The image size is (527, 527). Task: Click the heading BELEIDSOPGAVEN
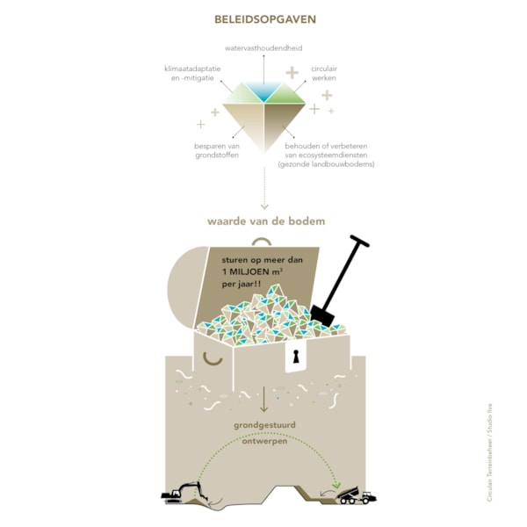(265, 19)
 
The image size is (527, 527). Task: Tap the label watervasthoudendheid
(263, 48)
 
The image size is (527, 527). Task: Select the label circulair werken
(324, 73)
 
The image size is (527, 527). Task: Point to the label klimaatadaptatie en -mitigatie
(192, 73)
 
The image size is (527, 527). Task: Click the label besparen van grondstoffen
(217, 150)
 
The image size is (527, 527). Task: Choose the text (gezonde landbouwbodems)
(326, 164)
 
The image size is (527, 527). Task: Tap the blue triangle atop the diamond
(263, 91)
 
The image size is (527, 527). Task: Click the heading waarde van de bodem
(266, 221)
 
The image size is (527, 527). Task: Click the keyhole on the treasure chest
(296, 357)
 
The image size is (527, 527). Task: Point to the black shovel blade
(322, 315)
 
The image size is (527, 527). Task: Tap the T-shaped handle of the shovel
(359, 241)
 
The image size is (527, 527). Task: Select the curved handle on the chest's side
(213, 361)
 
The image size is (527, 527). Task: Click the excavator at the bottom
(184, 493)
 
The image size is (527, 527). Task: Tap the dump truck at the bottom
(357, 495)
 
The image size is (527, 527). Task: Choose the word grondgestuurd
(265, 425)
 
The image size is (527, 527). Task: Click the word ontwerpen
(265, 441)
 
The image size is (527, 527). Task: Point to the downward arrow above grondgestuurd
(263, 400)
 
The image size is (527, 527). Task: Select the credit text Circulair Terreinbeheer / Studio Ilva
(489, 452)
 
